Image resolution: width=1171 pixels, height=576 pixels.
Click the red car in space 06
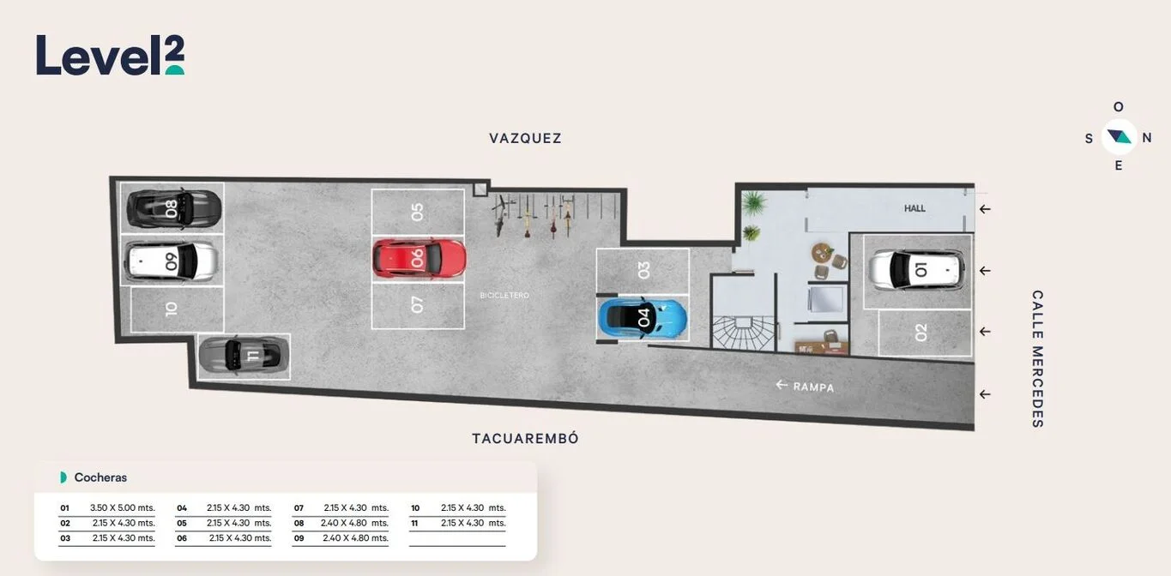pyautogui.click(x=420, y=259)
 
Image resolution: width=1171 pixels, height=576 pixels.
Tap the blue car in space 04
pyautogui.click(x=643, y=318)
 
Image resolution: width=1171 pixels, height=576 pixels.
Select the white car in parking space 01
pyautogui.click(x=917, y=270)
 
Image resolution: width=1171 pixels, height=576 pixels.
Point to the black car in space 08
pyautogui.click(x=174, y=209)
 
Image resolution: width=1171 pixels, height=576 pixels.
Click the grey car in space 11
pyautogui.click(x=244, y=355)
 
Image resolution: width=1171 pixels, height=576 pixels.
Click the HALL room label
pyautogui.click(x=914, y=208)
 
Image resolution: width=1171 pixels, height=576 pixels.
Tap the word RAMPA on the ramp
pyautogui.click(x=813, y=387)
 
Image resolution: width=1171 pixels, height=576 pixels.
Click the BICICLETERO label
pyautogui.click(x=504, y=296)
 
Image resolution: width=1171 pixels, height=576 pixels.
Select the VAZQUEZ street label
pyautogui.click(x=525, y=138)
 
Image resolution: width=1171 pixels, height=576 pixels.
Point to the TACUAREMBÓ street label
pyautogui.click(x=525, y=438)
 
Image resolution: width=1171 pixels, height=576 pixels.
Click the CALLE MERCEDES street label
pyautogui.click(x=1038, y=359)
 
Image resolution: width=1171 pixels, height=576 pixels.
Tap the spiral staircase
pyautogui.click(x=744, y=333)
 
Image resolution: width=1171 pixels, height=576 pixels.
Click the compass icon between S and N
pyautogui.click(x=1120, y=137)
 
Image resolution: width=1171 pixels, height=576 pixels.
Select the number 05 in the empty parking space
pyautogui.click(x=417, y=212)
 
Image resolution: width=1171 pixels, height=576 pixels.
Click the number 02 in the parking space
pyautogui.click(x=921, y=332)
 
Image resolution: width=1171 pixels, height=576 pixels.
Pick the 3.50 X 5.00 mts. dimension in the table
pyautogui.click(x=123, y=507)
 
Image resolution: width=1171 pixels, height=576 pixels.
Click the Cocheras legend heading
pyautogui.click(x=100, y=477)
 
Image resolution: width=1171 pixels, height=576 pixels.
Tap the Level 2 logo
pyautogui.click(x=111, y=55)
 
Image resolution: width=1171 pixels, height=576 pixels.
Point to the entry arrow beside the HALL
pyautogui.click(x=986, y=209)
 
